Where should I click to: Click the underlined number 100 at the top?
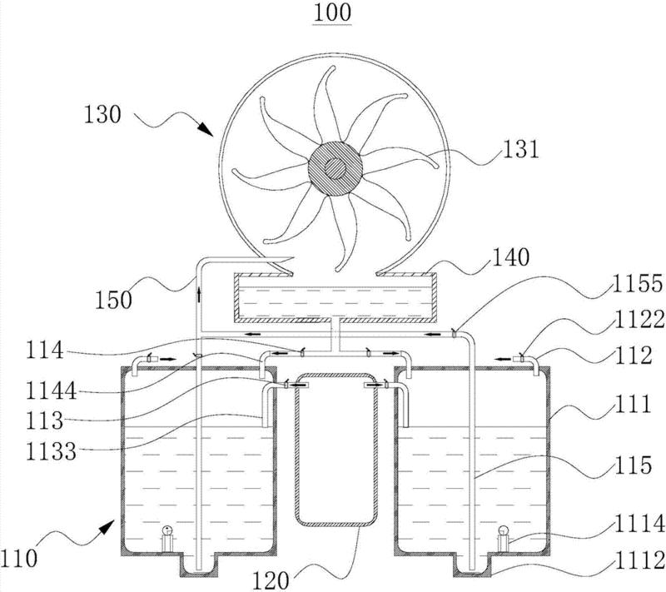point(332,12)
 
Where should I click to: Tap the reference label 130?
point(102,115)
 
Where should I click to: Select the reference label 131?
point(521,150)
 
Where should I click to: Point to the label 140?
point(510,257)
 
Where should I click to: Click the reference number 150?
point(113,301)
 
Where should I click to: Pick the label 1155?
point(637,283)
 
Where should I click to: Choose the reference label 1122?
point(639,320)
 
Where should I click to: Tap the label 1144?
point(52,391)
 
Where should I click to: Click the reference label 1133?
point(52,451)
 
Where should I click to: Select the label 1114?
point(639,523)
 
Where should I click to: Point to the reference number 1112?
point(639,560)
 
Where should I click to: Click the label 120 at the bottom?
point(271,580)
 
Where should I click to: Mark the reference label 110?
point(19,558)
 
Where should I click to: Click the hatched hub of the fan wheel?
point(335,168)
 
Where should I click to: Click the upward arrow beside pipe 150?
point(198,294)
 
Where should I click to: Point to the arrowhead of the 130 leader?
point(206,129)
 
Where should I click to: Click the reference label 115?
point(633,465)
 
